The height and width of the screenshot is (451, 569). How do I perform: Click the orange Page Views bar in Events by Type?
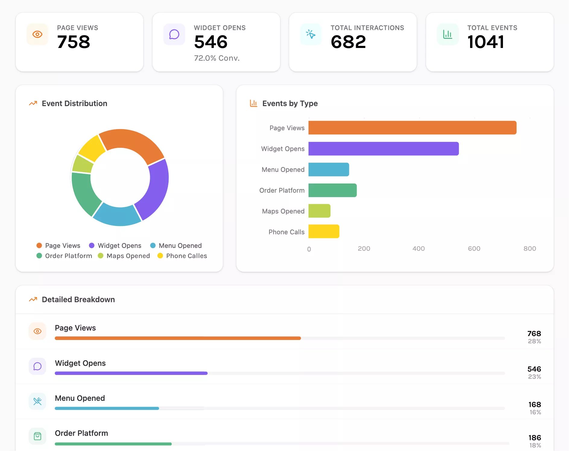point(412,128)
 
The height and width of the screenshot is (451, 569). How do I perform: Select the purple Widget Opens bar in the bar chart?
point(383,149)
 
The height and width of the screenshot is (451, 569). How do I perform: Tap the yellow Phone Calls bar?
point(324,231)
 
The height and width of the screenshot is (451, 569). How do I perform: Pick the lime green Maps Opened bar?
point(319,211)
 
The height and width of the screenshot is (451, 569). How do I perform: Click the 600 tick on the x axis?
point(474,249)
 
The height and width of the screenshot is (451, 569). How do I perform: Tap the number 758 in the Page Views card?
point(74,42)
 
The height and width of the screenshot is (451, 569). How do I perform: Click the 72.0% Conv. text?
point(217,58)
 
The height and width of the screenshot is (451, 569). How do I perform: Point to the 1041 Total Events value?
point(485,42)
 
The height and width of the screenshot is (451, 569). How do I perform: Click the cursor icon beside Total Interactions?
point(311,34)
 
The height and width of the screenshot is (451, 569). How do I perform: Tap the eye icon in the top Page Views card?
point(37,34)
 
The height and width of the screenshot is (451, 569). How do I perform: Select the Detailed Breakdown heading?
point(78,300)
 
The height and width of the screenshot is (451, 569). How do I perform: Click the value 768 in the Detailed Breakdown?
point(534,333)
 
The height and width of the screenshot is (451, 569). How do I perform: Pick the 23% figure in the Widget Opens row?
point(534,376)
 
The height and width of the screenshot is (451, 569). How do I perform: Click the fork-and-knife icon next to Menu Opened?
point(37,401)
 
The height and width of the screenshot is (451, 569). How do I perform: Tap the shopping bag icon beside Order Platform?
point(37,436)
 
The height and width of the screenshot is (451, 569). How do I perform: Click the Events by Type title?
point(290,103)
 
